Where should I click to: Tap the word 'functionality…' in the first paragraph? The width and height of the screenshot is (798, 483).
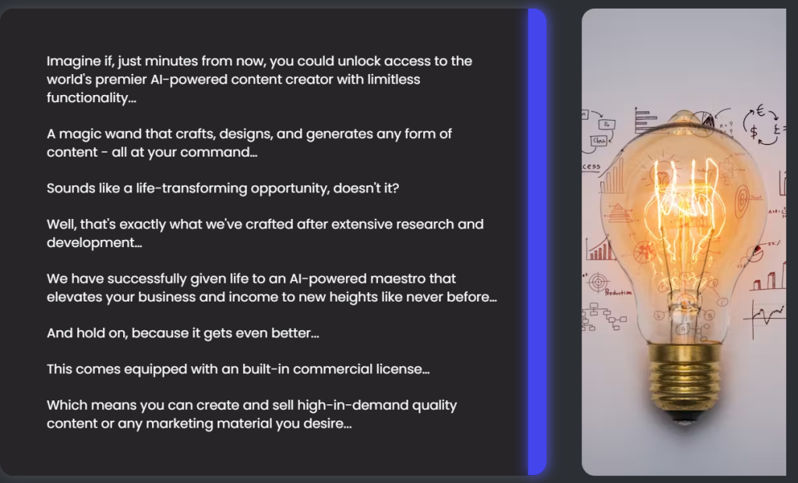pos(92,97)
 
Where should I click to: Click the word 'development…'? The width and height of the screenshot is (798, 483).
pos(94,243)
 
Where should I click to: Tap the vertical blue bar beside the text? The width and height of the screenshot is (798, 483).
pos(537,241)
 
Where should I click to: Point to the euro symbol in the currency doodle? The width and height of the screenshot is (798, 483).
pos(761,111)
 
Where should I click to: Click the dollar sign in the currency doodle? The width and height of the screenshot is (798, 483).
pos(754,132)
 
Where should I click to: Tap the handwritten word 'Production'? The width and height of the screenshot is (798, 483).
pos(618,293)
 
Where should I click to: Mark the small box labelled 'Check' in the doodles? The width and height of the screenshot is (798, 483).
pos(599,140)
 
